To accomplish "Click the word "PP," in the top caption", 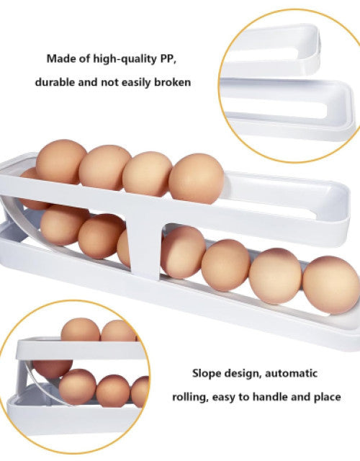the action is coord(168,59).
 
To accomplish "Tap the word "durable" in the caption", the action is coord(55,82).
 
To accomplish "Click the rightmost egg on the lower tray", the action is coord(331,285).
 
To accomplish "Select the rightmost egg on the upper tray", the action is coord(196,179).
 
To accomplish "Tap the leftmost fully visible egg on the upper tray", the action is coord(60,162).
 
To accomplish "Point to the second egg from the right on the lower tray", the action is coord(275,275).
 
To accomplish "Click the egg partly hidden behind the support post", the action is coord(123,249).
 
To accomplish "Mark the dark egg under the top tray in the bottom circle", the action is coord(53,369).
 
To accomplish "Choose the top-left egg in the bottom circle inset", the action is coord(81,330).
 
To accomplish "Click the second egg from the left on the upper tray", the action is coord(104,167).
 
